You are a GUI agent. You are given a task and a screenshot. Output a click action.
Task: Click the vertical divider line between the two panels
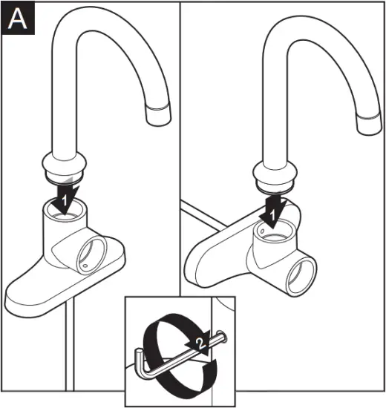[180, 148]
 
